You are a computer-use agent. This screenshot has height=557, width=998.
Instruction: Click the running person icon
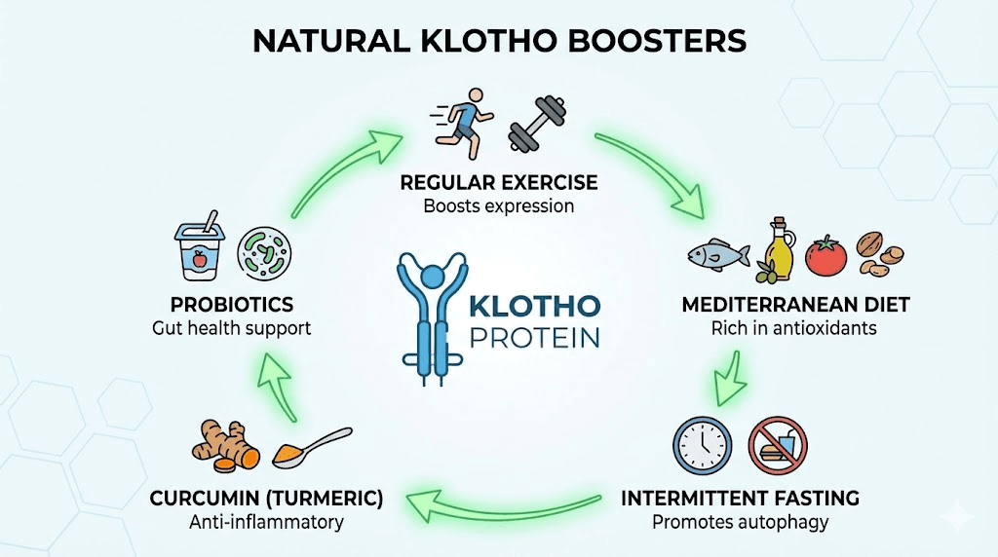463,121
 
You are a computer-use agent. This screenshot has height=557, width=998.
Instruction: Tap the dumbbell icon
537,125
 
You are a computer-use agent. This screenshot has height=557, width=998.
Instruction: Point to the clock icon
702,446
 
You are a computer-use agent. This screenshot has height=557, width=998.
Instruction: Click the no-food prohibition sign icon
777,446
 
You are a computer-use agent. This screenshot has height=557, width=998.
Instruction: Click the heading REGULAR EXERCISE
498,183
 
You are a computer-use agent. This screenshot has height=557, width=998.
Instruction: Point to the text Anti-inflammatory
266,522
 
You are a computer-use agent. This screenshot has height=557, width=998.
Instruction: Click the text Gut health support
232,328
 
